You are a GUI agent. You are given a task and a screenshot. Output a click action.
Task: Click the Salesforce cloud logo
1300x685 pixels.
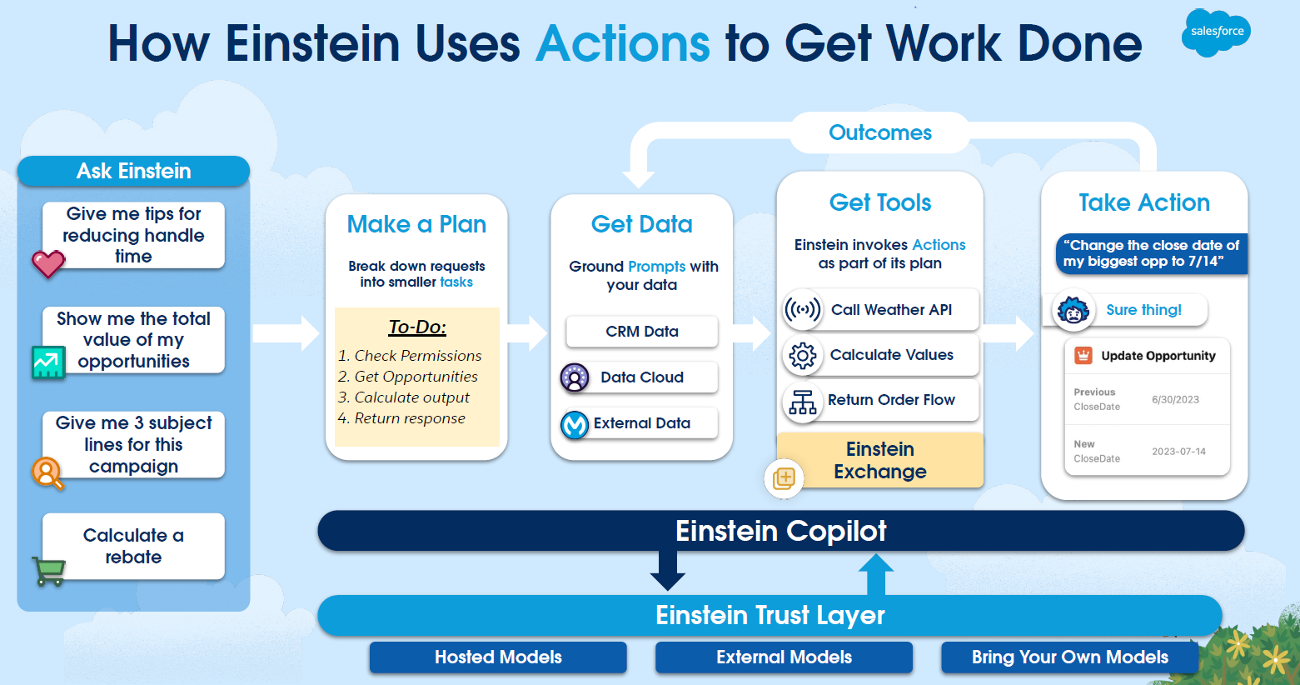coord(1216,32)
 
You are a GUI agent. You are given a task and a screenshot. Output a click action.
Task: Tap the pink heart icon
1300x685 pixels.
coord(48,263)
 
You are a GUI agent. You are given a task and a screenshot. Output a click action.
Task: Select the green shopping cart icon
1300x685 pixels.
coord(48,571)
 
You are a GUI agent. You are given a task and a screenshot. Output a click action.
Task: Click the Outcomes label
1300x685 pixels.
coord(879,132)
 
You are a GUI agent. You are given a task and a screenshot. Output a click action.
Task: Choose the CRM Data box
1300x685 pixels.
coord(641,332)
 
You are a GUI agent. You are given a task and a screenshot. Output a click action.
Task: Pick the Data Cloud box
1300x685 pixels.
coord(641,377)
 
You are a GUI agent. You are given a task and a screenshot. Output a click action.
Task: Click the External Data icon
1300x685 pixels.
coord(575,424)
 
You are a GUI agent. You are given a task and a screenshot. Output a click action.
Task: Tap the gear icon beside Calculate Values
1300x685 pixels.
coord(802,356)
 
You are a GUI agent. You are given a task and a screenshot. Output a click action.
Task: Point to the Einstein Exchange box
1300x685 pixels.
coord(879,460)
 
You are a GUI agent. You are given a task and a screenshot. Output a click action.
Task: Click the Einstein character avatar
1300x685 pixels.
coord(1073,311)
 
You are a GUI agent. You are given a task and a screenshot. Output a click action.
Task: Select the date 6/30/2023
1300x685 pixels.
coord(1175,400)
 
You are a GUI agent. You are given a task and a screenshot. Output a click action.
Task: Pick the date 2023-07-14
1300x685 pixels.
coord(1178,452)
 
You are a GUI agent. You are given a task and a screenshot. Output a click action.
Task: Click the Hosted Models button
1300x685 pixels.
coord(498,657)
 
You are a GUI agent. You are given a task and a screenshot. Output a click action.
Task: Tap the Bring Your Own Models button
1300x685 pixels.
coord(1069,657)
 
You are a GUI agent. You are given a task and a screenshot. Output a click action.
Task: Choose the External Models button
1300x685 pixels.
coord(784,657)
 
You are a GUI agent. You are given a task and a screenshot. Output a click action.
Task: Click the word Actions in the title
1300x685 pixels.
coord(623,43)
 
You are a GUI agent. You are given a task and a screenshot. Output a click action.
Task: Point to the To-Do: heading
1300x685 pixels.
coord(417,327)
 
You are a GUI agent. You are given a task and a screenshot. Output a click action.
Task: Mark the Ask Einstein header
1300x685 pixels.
coord(133,171)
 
